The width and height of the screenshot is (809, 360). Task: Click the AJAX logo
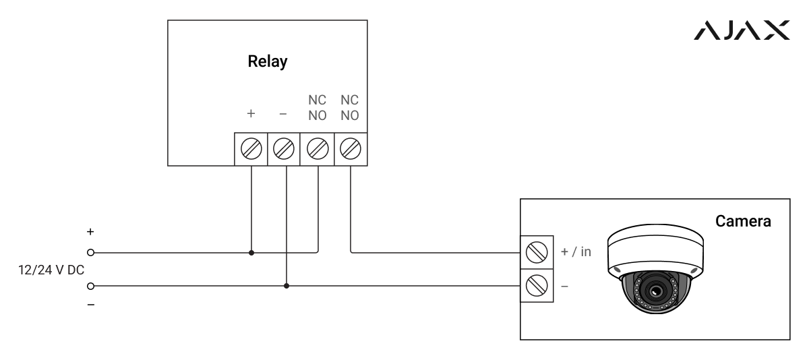pyautogui.click(x=742, y=30)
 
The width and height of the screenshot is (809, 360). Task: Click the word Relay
pyautogui.click(x=268, y=61)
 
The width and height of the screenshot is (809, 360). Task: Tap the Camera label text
pyautogui.click(x=743, y=221)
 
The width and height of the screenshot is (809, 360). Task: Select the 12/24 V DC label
pyautogui.click(x=51, y=270)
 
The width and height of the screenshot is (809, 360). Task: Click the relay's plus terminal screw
pyautogui.click(x=251, y=149)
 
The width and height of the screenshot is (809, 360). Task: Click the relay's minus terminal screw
pyautogui.click(x=284, y=149)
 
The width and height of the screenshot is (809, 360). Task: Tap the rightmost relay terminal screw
pyautogui.click(x=351, y=149)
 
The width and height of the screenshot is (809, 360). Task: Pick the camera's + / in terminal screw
pyautogui.click(x=537, y=252)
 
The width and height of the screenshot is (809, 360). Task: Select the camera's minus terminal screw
pyautogui.click(x=537, y=286)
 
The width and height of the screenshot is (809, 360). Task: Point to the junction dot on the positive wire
pyautogui.click(x=251, y=253)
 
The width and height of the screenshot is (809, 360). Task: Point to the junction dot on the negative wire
pyautogui.click(x=287, y=286)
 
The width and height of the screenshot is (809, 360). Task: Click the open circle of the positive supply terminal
pyautogui.click(x=90, y=252)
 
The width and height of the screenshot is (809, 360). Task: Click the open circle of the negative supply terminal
pyautogui.click(x=90, y=286)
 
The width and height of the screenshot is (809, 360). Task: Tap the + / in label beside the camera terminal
pyautogui.click(x=576, y=251)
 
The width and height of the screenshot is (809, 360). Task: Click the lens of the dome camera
pyautogui.click(x=655, y=291)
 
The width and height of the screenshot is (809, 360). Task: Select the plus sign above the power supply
pyautogui.click(x=90, y=231)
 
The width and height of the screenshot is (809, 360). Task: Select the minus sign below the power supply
pyautogui.click(x=90, y=305)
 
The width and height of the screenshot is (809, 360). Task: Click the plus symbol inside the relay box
pyautogui.click(x=251, y=114)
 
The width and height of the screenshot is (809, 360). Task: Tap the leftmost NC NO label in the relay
pyautogui.click(x=317, y=108)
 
